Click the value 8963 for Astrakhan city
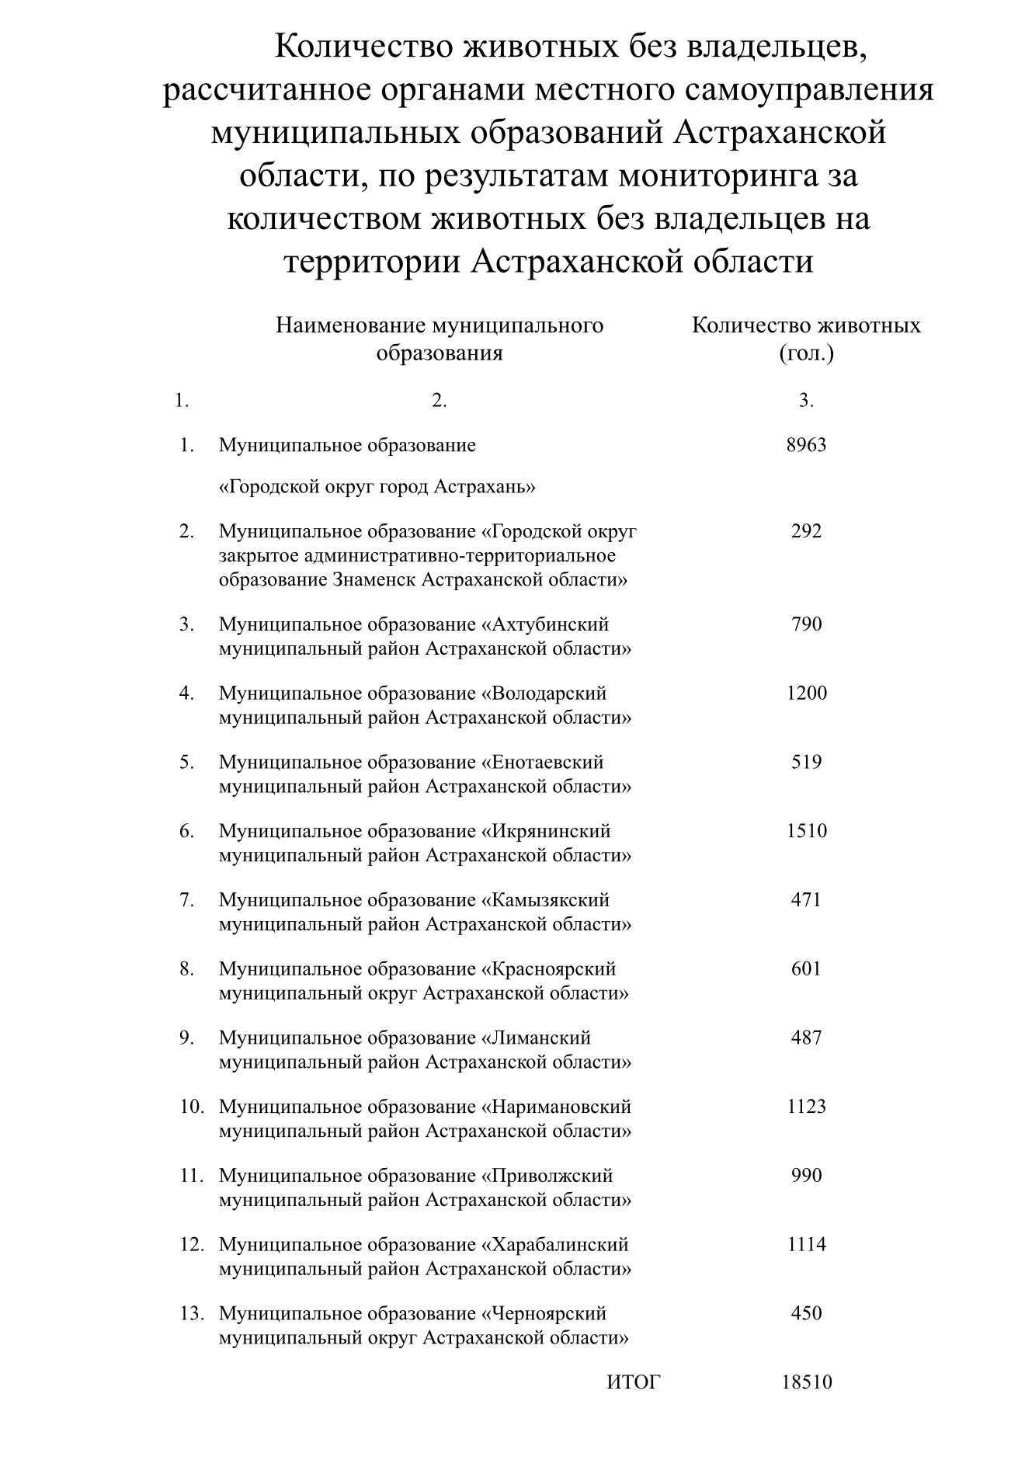click(x=806, y=445)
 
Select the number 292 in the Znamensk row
click(x=806, y=531)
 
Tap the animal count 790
click(x=806, y=624)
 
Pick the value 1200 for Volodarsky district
click(x=806, y=693)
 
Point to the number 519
click(x=806, y=762)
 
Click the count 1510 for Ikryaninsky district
click(x=806, y=831)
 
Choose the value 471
click(x=806, y=900)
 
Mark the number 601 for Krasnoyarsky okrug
click(x=806, y=968)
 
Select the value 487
click(x=806, y=1038)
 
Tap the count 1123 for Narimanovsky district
click(x=806, y=1107)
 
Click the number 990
click(x=806, y=1175)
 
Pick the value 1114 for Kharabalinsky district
click(x=806, y=1244)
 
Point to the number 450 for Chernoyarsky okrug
click(x=806, y=1313)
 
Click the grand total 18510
click(x=806, y=1382)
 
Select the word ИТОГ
click(x=633, y=1382)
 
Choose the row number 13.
click(x=192, y=1313)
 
